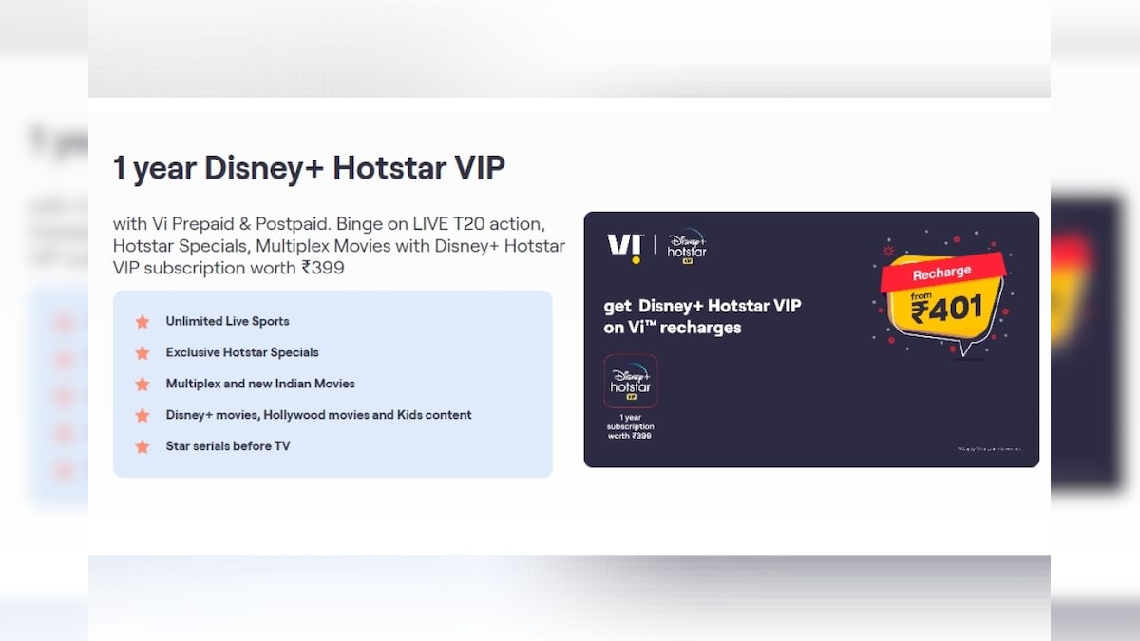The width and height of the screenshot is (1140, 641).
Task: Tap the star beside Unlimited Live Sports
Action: [142, 322]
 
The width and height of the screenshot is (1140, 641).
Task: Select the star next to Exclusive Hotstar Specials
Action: [142, 353]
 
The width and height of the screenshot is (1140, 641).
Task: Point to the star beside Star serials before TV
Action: [142, 446]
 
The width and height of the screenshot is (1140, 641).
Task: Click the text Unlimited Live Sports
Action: [227, 321]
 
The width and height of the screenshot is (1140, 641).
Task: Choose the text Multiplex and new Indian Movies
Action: [260, 384]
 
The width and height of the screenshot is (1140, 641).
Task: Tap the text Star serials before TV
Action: [228, 445]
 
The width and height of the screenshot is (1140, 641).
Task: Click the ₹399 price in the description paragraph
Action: [323, 268]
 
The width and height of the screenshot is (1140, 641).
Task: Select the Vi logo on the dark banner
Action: [624, 247]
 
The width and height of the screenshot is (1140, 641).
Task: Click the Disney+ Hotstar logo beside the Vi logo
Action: [686, 245]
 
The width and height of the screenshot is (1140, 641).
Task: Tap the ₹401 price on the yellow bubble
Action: [945, 309]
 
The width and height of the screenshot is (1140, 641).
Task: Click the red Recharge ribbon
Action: [941, 273]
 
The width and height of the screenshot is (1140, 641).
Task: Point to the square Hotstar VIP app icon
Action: [631, 382]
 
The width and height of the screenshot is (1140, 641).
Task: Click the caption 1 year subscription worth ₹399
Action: [631, 426]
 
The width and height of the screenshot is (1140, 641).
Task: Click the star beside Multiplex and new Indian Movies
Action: [142, 385]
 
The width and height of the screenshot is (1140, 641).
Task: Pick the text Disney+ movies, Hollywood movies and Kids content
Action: [318, 415]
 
